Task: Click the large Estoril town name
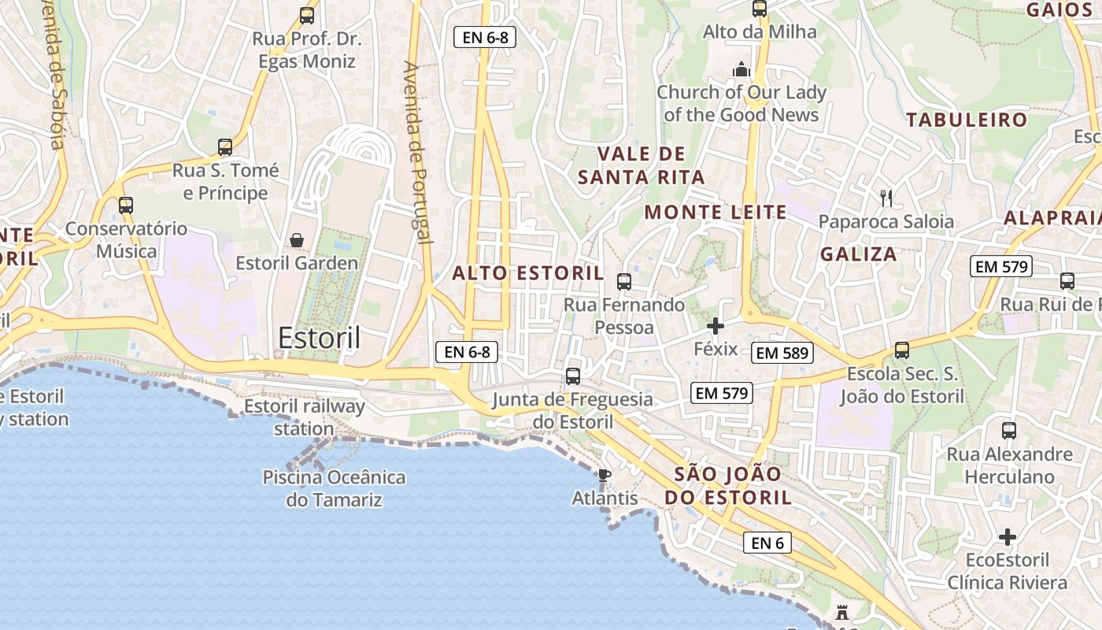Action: point(319,339)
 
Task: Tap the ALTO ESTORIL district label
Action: point(528,274)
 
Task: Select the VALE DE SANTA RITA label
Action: point(642,165)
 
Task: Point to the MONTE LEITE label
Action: point(716,212)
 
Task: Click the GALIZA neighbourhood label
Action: point(859,254)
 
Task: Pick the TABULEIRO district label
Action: point(967,120)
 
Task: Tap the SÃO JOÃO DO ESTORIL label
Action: point(728,486)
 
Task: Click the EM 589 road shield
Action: point(782,354)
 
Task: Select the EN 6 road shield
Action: point(767,543)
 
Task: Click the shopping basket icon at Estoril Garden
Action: point(297,240)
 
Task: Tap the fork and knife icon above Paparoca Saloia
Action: point(886,198)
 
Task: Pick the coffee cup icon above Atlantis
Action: point(604,474)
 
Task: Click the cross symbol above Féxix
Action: point(716,325)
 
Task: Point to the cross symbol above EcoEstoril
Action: point(1008,537)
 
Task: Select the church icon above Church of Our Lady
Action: point(741,69)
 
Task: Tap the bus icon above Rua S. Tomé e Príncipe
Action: point(225,146)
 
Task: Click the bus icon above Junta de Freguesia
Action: point(573,376)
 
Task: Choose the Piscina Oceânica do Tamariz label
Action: point(334,488)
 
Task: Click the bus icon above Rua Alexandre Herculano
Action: point(1009,431)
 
